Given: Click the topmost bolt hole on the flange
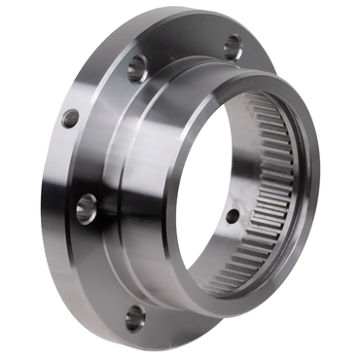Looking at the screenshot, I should (232, 45).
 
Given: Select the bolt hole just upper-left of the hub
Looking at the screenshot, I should (138, 66).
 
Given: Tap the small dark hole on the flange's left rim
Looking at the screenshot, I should (70, 119).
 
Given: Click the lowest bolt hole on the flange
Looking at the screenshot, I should (135, 316).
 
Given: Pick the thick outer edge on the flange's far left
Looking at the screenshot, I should (49, 195).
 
